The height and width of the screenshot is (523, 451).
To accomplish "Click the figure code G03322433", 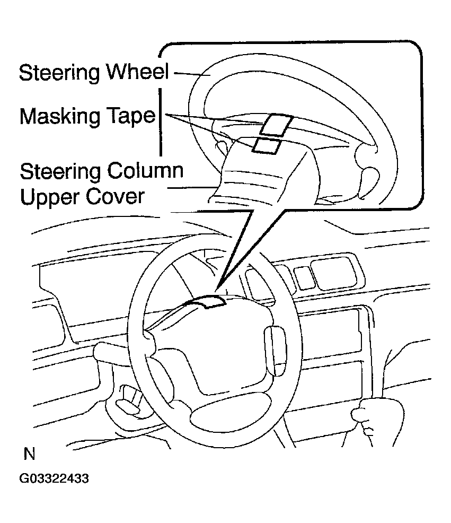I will [54, 478].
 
